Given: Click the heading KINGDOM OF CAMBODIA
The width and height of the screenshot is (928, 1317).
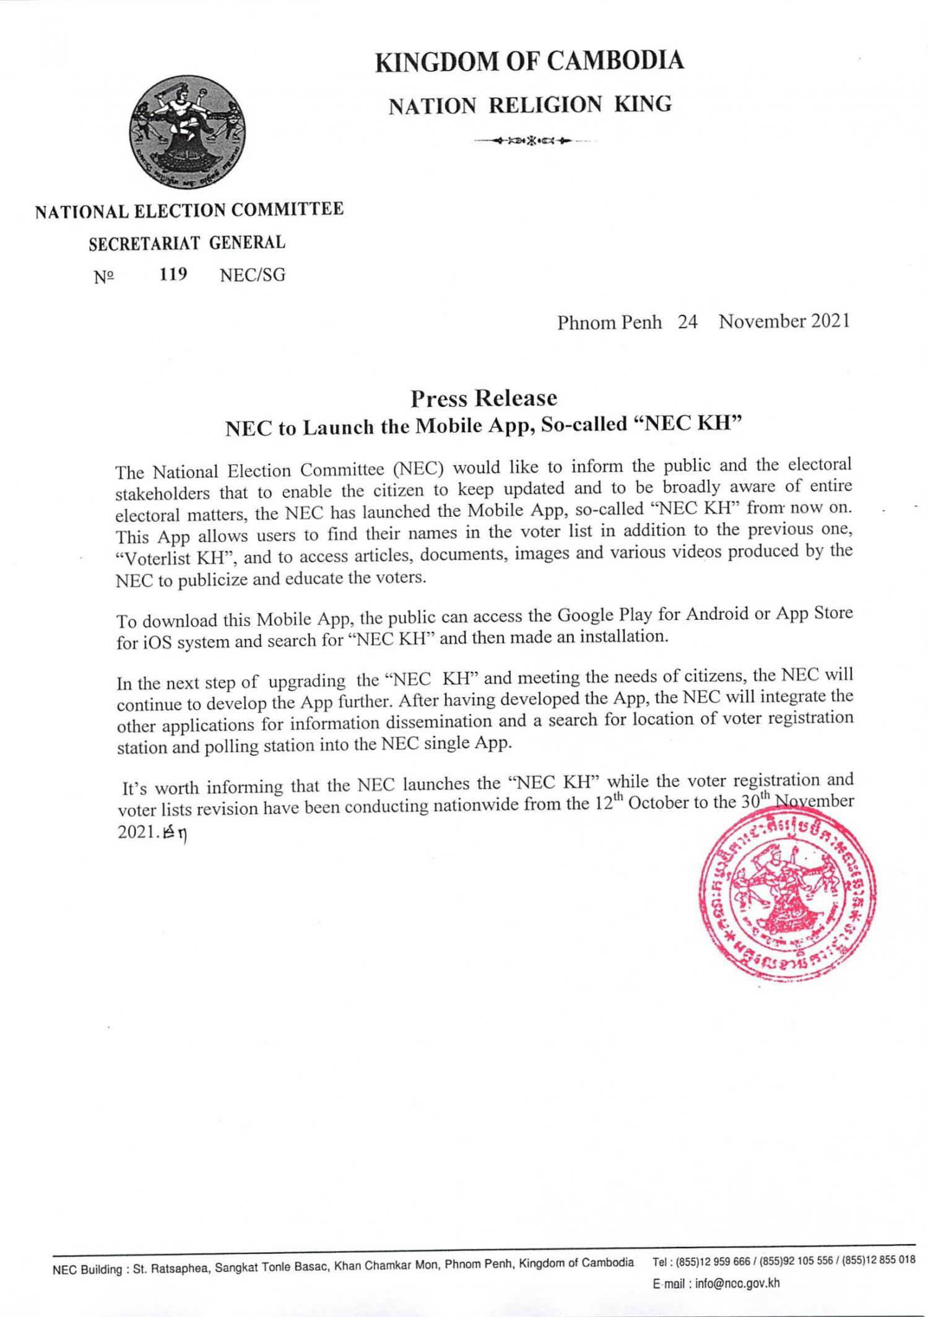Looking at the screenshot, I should (x=530, y=62).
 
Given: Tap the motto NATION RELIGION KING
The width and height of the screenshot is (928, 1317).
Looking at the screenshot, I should (x=530, y=105).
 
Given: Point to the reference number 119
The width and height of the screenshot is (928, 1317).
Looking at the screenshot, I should (x=173, y=274).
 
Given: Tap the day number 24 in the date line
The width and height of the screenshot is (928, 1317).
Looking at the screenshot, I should (x=688, y=323).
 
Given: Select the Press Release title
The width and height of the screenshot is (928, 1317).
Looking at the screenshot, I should (x=484, y=398).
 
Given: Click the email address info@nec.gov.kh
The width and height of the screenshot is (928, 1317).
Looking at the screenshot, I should (x=737, y=1283).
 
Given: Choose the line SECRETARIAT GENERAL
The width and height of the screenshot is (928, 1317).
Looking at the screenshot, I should (x=187, y=243).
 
